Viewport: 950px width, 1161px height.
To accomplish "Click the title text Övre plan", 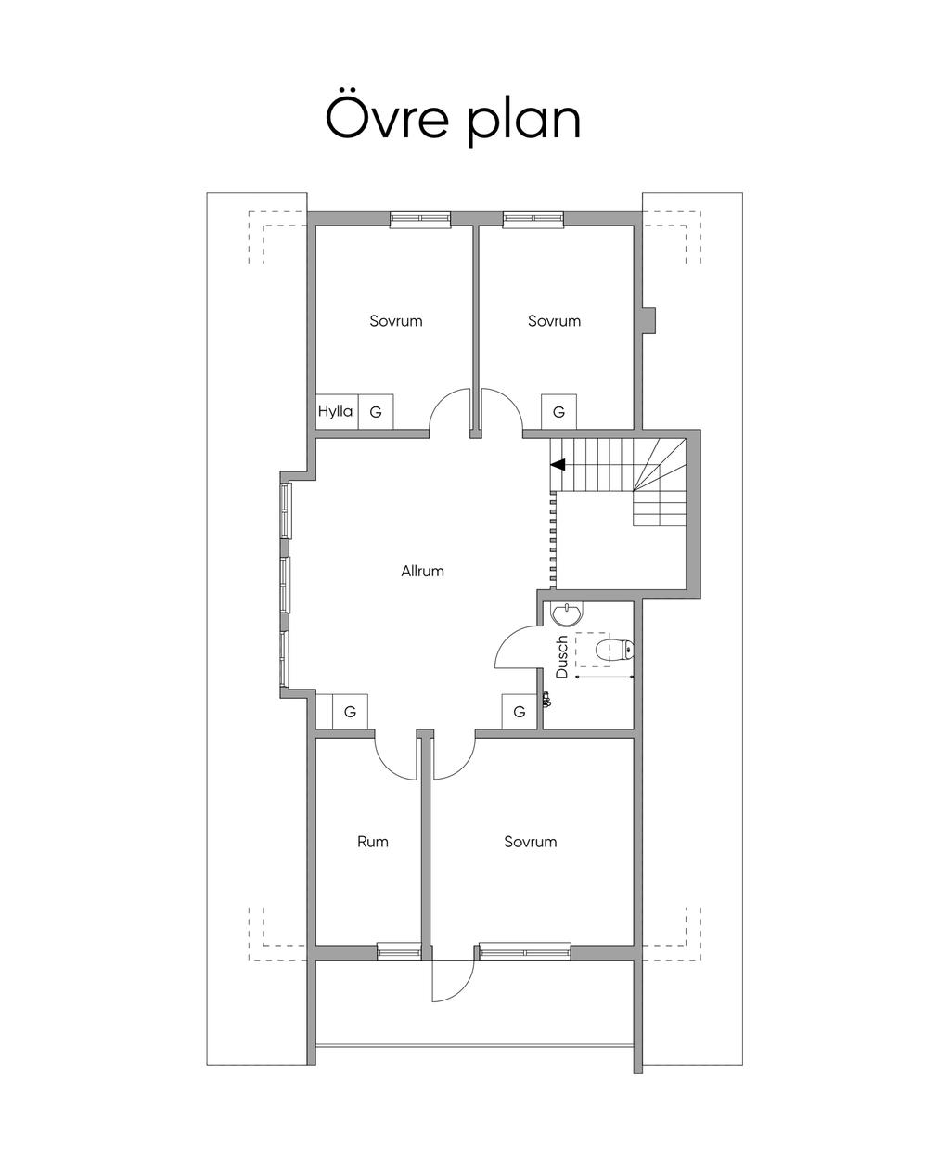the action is pos(453,119).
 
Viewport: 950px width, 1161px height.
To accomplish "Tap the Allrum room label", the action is pos(422,571).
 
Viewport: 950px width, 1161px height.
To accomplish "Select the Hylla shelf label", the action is pos(335,411).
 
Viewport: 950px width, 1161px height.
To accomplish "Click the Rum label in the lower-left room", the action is pos(373,841).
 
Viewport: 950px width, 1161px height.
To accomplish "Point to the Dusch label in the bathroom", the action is pos(561,657).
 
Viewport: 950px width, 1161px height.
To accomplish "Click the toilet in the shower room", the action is pos(614,650).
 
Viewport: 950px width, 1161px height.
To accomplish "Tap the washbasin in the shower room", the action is pos(567,614).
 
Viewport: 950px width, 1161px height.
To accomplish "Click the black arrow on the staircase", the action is pos(558,465).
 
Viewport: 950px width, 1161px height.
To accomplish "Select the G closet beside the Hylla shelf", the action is pos(376,411).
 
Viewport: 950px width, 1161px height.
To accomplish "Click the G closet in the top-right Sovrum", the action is pos(558,411).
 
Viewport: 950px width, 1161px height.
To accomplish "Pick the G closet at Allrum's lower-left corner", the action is pos(350,712).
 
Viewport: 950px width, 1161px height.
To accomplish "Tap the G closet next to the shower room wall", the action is pos(519,712).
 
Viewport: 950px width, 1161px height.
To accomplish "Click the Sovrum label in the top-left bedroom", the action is pos(396,321).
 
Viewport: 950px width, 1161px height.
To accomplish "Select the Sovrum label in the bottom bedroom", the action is pos(530,841).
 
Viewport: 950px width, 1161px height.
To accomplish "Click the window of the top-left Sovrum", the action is pos(420,218).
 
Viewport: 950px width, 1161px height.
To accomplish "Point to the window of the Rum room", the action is pos(399,952).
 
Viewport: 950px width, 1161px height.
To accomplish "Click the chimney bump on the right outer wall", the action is pos(648,321).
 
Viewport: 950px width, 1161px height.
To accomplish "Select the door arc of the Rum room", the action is pos(387,767).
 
